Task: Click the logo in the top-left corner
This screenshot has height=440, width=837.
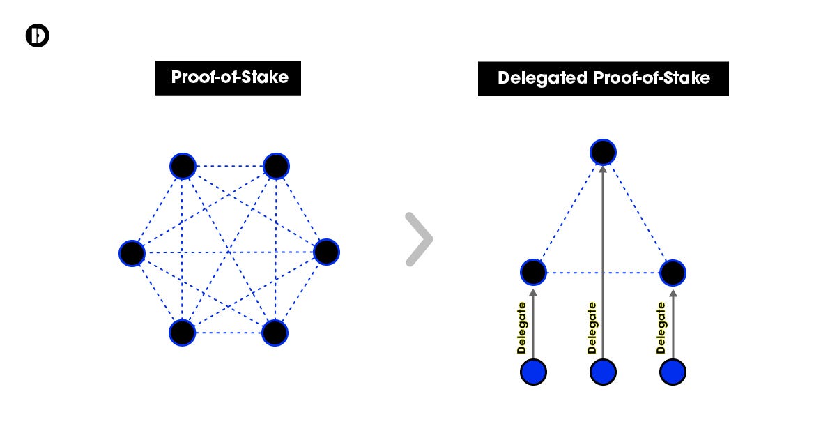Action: click(37, 36)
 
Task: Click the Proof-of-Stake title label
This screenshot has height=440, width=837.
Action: click(229, 77)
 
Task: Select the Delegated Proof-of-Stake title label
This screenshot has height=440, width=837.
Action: click(603, 78)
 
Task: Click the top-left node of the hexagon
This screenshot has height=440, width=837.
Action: click(183, 167)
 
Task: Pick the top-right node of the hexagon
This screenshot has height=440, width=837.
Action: click(276, 167)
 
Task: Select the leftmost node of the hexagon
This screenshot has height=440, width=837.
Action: click(132, 252)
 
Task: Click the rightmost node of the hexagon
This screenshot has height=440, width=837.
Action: click(326, 252)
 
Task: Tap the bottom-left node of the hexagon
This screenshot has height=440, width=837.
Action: click(182, 333)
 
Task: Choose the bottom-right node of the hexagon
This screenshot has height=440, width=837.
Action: click(275, 333)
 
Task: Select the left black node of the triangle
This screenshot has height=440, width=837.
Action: click(534, 272)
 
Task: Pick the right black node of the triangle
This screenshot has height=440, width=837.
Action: click(673, 272)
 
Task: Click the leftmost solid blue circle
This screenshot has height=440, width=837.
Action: click(534, 372)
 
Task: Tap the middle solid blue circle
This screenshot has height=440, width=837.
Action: click(603, 372)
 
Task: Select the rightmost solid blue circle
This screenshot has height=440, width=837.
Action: click(673, 372)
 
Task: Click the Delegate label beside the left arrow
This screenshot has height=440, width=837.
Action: click(521, 328)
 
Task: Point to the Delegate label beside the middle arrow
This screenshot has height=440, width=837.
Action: click(592, 328)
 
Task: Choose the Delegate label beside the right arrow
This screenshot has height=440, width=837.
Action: click(661, 328)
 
